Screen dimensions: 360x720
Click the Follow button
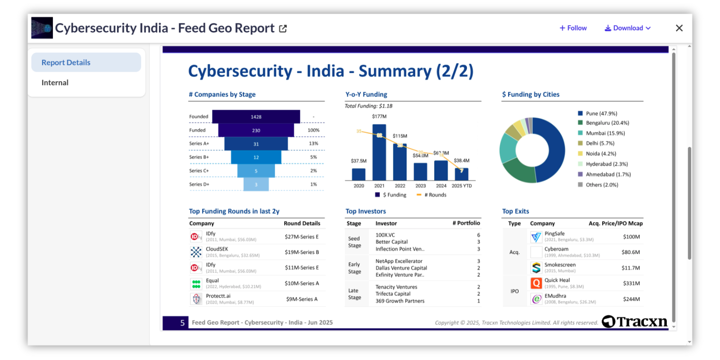click(x=573, y=28)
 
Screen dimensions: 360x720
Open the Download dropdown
click(x=628, y=28)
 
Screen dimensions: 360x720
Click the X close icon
click(x=679, y=28)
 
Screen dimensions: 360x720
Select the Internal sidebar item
click(x=55, y=82)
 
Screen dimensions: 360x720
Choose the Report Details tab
click(x=66, y=63)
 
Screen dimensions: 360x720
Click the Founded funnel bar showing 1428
click(x=256, y=117)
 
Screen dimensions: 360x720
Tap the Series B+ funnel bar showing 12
click(x=256, y=157)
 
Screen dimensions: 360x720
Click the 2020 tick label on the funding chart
click(x=359, y=186)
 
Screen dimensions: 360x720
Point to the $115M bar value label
click(x=400, y=136)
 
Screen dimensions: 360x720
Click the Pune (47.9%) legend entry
click(x=601, y=113)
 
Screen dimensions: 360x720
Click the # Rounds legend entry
click(x=432, y=195)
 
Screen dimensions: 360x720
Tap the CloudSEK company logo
click(x=196, y=252)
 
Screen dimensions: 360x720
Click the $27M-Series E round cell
click(x=301, y=237)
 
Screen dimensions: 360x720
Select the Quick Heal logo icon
click(x=536, y=283)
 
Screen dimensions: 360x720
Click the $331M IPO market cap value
click(x=631, y=283)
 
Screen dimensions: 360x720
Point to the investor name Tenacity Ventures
click(x=396, y=287)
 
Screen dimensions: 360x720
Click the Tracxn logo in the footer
click(x=635, y=321)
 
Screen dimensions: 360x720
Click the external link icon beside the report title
click(x=283, y=28)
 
